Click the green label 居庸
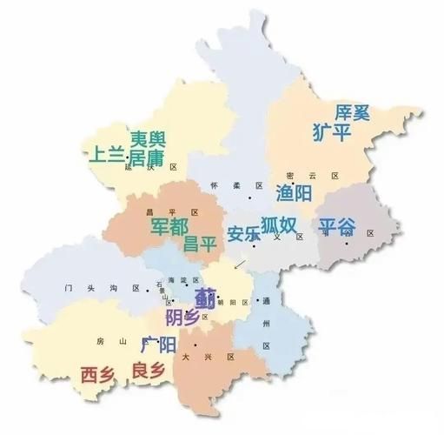point(146,157)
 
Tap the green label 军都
point(168,225)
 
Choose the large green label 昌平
point(200,243)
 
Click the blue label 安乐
point(243,234)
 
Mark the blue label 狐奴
point(280,225)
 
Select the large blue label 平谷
point(337,227)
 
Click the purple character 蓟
point(206,296)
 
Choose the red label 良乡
point(147,371)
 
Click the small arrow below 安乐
point(240,262)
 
